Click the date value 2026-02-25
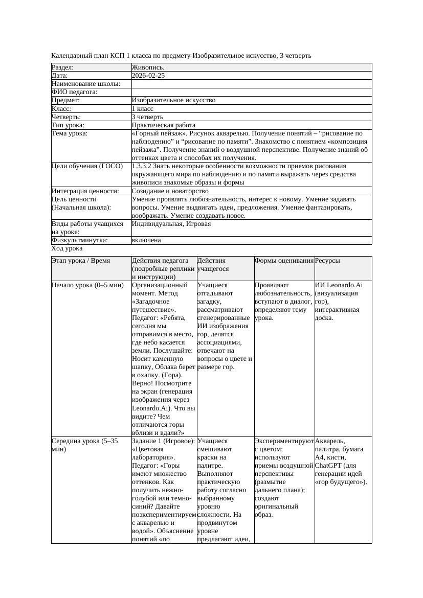(148, 76)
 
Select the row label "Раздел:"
(63, 67)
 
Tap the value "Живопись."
(148, 67)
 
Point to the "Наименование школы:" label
(86, 84)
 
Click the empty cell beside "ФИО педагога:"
(251, 92)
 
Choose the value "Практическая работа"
(164, 125)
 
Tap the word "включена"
(146, 240)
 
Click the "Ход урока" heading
(67, 248)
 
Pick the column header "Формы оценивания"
(284, 261)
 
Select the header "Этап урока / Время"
(81, 261)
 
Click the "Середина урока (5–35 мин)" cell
(85, 445)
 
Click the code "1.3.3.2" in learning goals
(143, 166)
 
